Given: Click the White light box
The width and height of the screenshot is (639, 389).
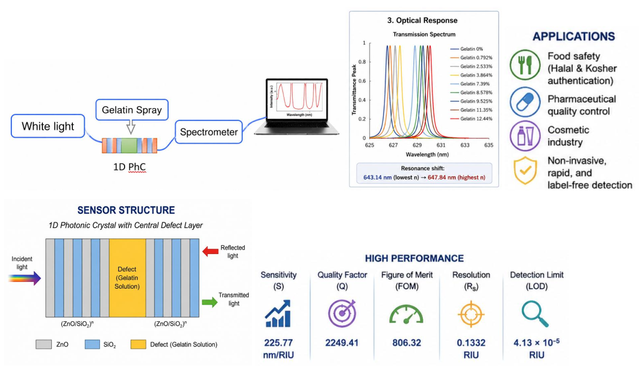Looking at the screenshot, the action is [x=48, y=126].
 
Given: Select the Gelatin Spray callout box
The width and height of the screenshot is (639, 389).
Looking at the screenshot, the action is [x=132, y=110].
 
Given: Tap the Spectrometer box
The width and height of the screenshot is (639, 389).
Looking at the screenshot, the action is [x=209, y=132].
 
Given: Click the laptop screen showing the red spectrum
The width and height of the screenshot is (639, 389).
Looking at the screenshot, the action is [x=297, y=99].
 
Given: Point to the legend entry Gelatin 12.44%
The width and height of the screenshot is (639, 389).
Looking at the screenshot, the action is [x=471, y=119].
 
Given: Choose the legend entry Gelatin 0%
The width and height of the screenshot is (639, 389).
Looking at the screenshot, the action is [x=467, y=49].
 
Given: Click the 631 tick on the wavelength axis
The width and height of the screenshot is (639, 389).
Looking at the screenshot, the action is [x=441, y=145].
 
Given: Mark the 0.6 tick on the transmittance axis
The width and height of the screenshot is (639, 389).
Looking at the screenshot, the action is [x=362, y=81].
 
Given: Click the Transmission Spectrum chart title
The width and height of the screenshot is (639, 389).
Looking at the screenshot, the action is [x=424, y=34].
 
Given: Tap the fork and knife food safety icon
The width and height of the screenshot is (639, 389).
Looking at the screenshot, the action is [x=525, y=65].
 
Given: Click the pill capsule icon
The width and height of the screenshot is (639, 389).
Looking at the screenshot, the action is [x=525, y=102].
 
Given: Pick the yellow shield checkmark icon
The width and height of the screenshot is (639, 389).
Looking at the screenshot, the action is [x=525, y=171].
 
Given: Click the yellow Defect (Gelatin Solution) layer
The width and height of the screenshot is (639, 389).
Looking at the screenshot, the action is [x=127, y=278].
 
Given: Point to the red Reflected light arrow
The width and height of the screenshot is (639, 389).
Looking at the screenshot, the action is [x=210, y=251].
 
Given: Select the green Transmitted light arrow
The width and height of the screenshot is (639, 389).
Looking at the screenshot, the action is [x=210, y=302].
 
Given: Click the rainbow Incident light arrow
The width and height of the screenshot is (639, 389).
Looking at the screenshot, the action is [x=25, y=278].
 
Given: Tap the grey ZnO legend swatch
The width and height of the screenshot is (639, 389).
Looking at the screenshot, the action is [x=43, y=344].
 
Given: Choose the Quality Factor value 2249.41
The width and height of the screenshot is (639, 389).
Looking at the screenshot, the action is [x=342, y=342].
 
